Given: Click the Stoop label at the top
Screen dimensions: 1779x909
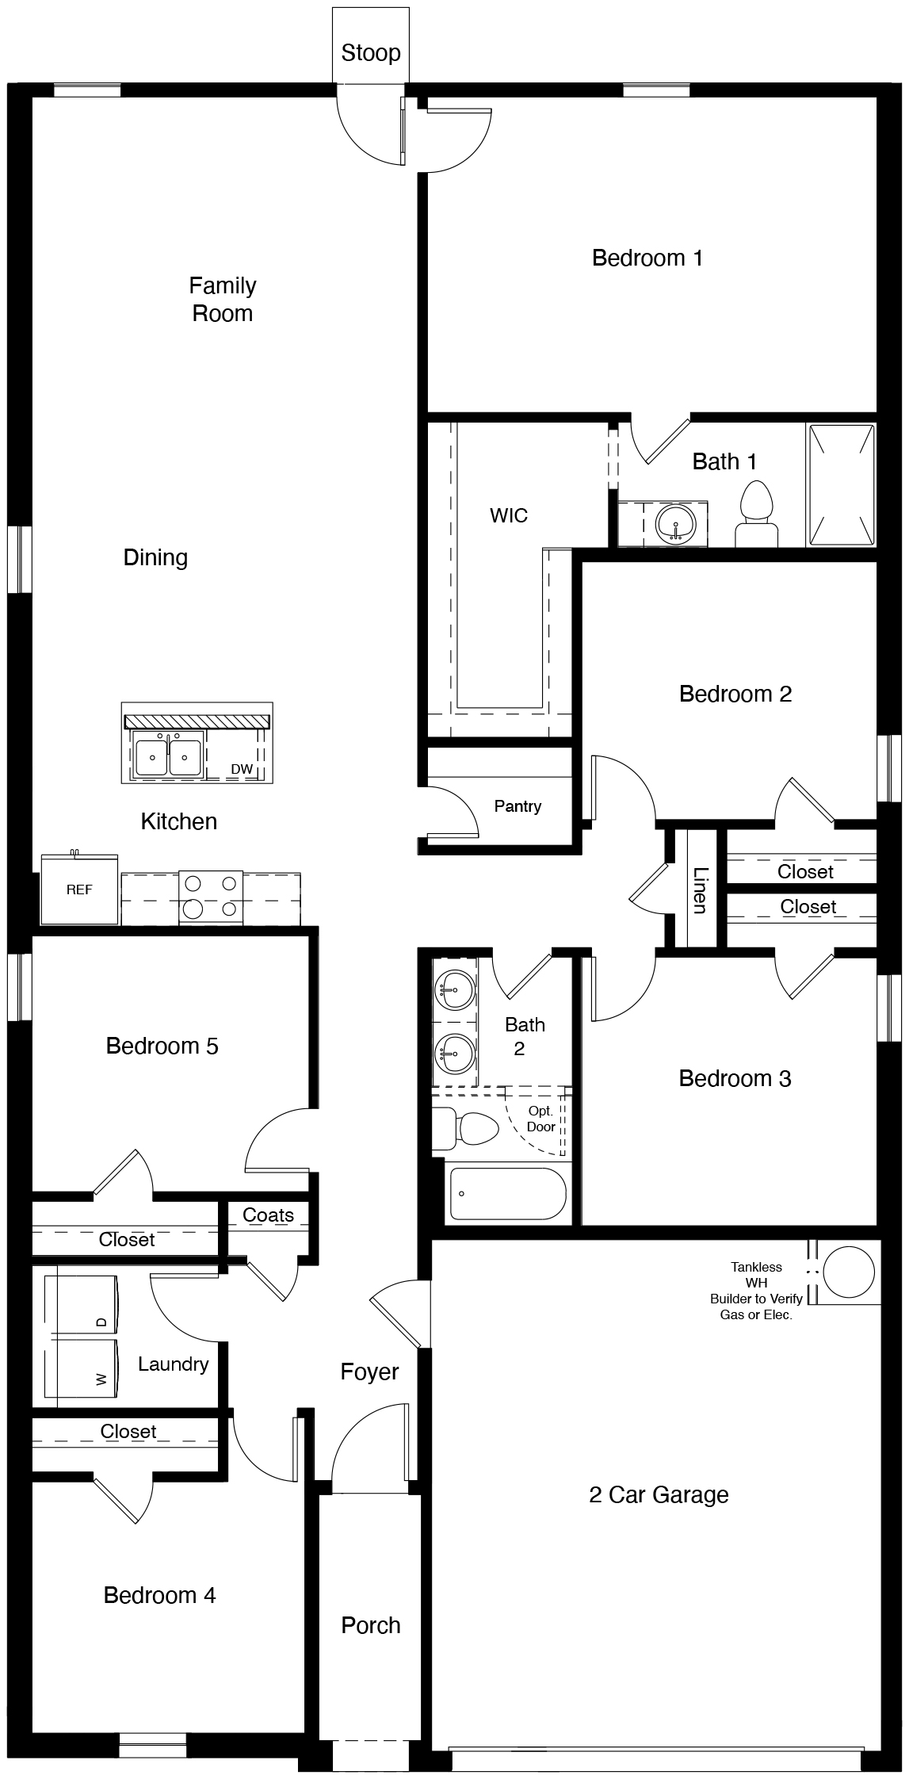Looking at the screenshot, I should [x=370, y=53].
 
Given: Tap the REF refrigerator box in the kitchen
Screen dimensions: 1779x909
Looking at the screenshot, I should [x=79, y=889].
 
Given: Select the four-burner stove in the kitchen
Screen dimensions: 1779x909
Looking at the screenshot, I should [x=211, y=897].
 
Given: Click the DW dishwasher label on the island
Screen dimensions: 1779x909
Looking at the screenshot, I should [x=241, y=769].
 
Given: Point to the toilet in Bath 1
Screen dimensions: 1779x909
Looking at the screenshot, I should [x=756, y=515].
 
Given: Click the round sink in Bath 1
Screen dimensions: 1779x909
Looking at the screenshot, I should [x=675, y=524].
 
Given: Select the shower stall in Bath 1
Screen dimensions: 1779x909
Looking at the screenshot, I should [x=841, y=484].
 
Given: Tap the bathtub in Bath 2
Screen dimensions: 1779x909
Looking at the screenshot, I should [x=508, y=1193].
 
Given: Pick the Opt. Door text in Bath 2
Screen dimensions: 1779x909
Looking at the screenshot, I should [x=541, y=1119].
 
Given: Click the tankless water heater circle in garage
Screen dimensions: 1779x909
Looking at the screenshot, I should [x=849, y=1272].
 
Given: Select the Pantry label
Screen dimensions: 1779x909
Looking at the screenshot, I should [x=518, y=806].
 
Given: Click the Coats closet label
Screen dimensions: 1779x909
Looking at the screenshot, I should [x=268, y=1215].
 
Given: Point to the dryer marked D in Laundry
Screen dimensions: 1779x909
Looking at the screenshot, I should [x=82, y=1305].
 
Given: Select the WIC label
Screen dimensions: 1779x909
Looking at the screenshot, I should [x=508, y=516].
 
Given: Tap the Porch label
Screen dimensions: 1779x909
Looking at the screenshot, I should [x=370, y=1625].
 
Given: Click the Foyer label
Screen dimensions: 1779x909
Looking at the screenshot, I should [x=369, y=1372].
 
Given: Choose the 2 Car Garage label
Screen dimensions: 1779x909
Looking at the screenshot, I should [x=659, y=1494].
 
